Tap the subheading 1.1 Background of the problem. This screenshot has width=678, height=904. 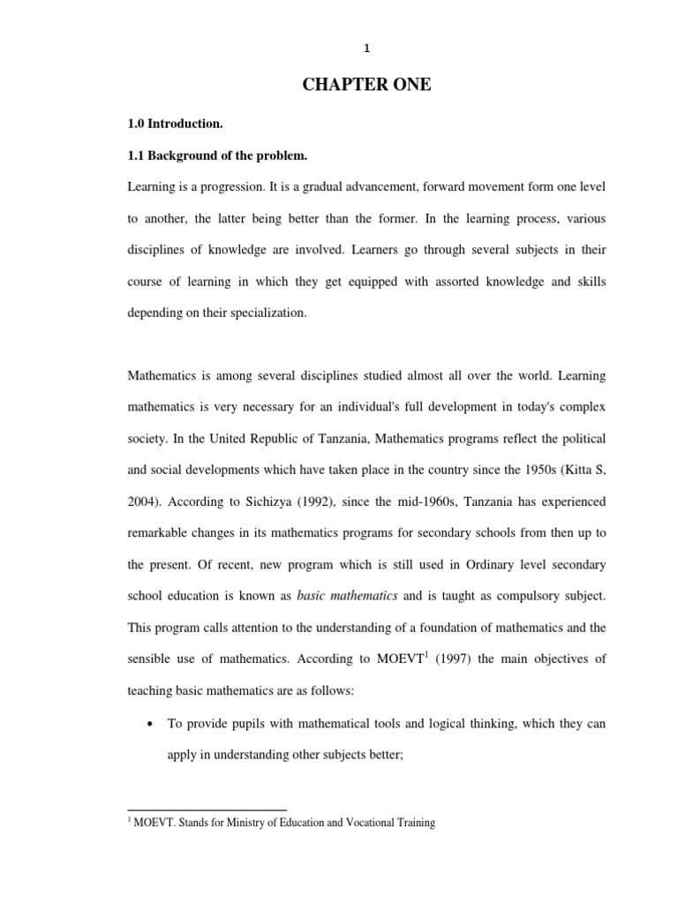(x=217, y=155)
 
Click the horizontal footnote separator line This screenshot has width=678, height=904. (x=207, y=810)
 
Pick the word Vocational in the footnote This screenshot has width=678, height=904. (x=361, y=823)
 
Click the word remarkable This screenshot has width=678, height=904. (x=164, y=533)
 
